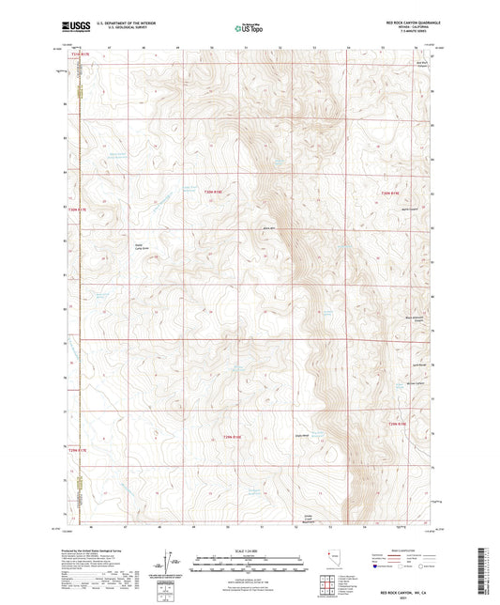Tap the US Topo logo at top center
point(248,28)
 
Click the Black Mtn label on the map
point(270,228)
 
